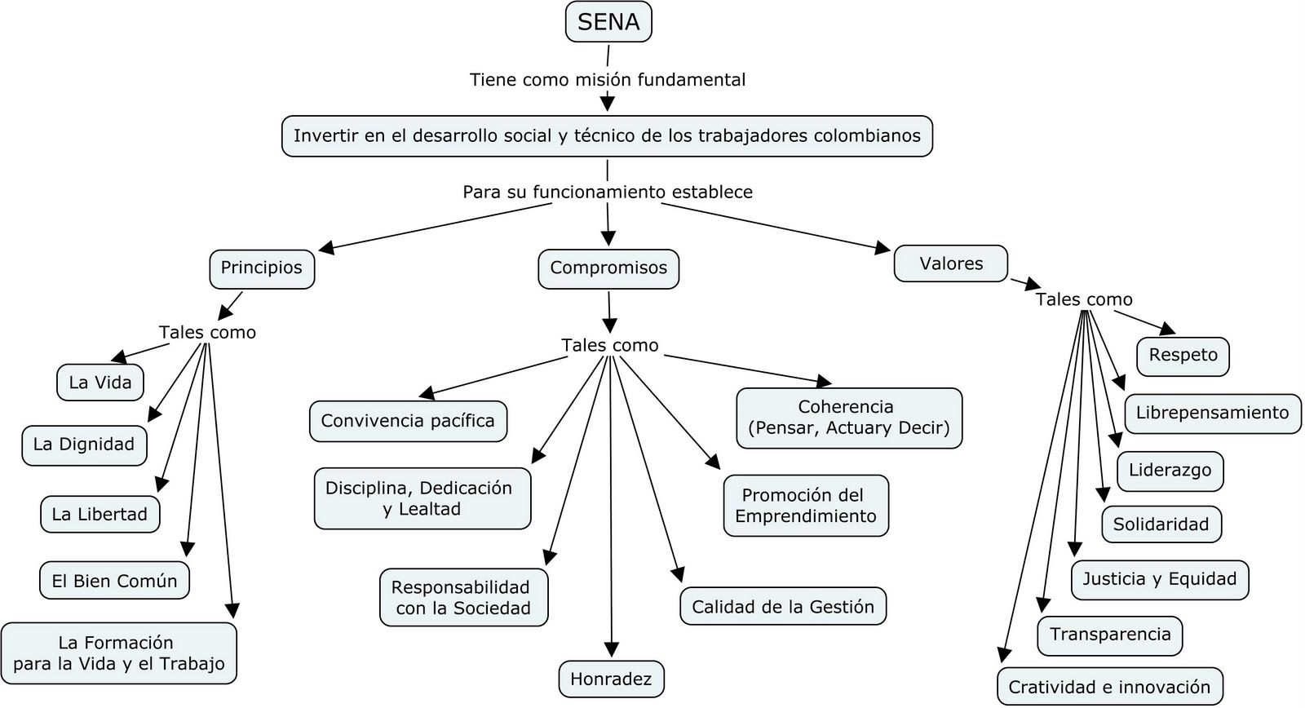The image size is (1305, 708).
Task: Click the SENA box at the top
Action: click(608, 22)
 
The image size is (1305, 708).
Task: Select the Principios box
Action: click(261, 268)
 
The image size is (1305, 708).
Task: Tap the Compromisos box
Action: click(608, 268)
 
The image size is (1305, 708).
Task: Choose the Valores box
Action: click(951, 264)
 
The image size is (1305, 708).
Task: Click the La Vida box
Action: click(100, 383)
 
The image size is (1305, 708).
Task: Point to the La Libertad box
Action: click(100, 515)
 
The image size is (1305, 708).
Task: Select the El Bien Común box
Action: click(114, 582)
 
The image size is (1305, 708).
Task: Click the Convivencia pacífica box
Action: click(408, 421)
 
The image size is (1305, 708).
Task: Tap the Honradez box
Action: click(611, 679)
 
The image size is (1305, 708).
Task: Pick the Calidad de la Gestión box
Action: click(783, 607)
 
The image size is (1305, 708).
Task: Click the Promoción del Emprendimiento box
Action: click(806, 506)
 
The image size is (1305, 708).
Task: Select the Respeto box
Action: click(1183, 356)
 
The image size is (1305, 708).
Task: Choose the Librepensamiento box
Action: click(1212, 413)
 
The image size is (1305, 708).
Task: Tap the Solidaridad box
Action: click(1161, 524)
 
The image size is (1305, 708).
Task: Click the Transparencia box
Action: click(1110, 635)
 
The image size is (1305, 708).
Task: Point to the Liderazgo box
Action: click(1170, 471)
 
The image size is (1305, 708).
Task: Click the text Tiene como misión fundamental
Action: click(608, 80)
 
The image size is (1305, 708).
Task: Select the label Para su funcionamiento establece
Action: click(608, 192)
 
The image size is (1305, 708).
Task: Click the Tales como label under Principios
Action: click(207, 333)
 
